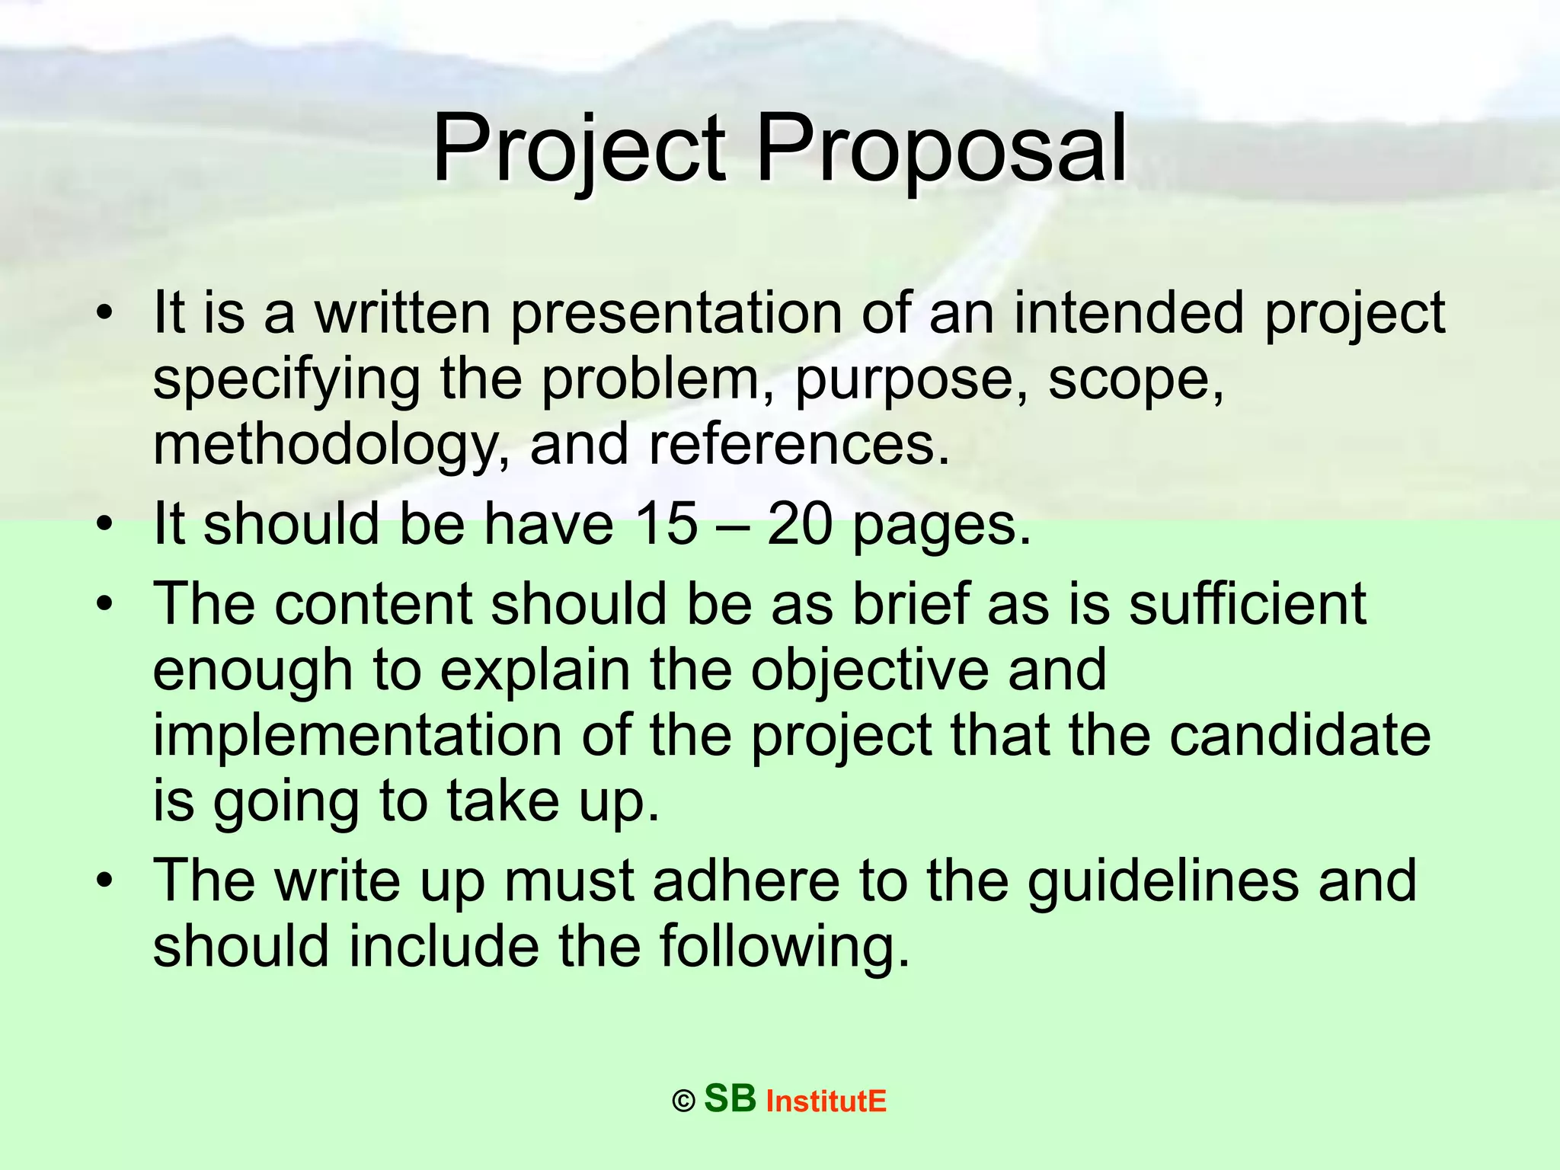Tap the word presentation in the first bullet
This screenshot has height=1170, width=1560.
click(676, 313)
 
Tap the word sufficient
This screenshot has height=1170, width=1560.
click(1247, 603)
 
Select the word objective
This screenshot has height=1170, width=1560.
click(869, 670)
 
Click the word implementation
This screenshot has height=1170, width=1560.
click(357, 736)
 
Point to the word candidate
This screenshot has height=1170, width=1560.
click(1299, 736)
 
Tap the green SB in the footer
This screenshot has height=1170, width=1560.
click(730, 1098)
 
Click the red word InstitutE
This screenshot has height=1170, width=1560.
click(826, 1101)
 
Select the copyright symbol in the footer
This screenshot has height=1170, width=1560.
click(683, 1101)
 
